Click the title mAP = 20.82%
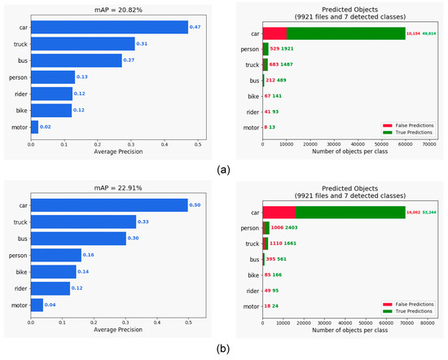(x=113, y=8)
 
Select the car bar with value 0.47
(x=110, y=27)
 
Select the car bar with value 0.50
(x=110, y=204)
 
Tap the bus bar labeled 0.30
(x=78, y=238)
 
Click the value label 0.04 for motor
(x=51, y=305)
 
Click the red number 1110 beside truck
(x=279, y=243)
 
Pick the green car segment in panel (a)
(x=345, y=33)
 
